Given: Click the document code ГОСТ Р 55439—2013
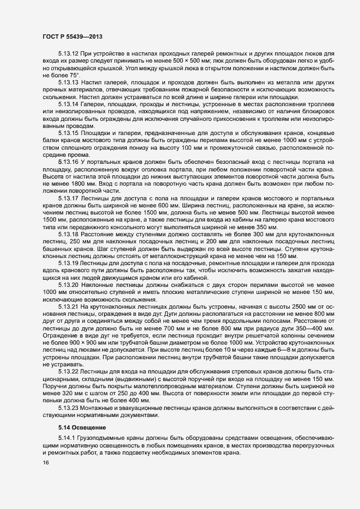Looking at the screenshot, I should pos(73,36).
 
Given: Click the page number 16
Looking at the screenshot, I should pos(46,463).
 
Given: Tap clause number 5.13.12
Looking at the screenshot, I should pos(68,54).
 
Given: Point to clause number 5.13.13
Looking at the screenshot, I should pos(68,82).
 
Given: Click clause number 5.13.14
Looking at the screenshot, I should pos(68,103).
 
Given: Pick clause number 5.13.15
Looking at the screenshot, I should pos(68,133).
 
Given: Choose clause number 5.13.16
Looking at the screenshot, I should pos(68,161).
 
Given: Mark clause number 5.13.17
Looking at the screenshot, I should pos(68,198).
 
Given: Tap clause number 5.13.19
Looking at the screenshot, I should pos(68,262).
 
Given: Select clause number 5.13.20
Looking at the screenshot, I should pos(68,284).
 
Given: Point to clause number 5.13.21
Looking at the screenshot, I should pos(68,306).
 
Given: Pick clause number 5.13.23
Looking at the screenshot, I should pos(68,407).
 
